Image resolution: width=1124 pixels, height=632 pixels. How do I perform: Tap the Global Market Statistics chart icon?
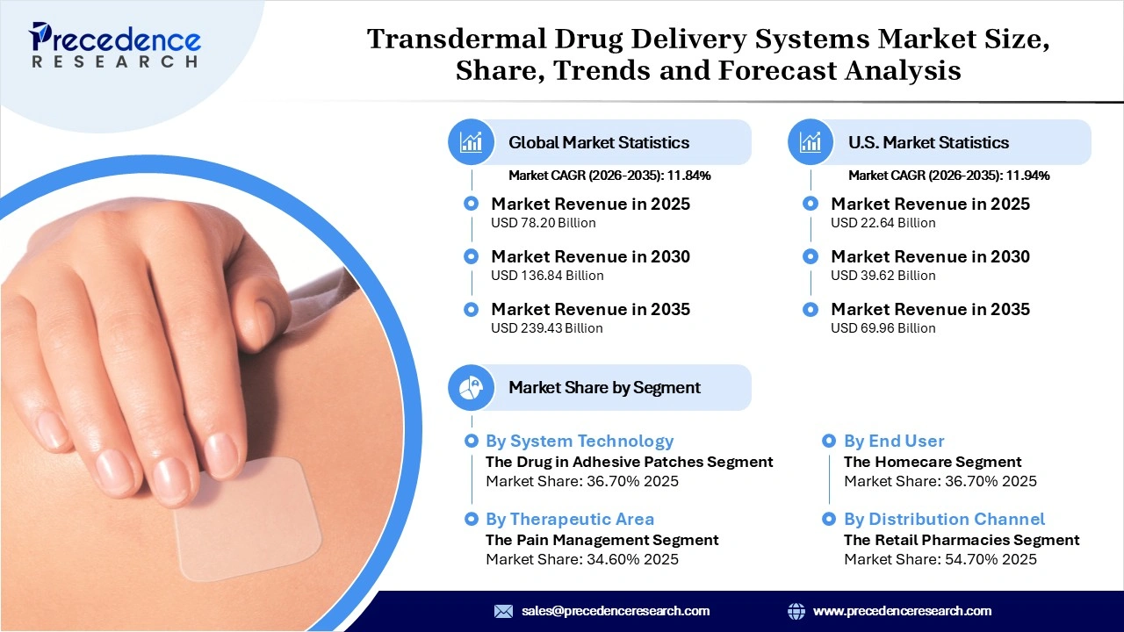[472, 142]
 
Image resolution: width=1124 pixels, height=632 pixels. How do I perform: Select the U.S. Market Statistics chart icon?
[811, 142]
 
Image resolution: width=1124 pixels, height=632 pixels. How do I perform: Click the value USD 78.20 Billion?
[543, 223]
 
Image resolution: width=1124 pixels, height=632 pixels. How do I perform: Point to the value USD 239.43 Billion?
[546, 328]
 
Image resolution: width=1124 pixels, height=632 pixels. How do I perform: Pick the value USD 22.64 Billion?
[883, 223]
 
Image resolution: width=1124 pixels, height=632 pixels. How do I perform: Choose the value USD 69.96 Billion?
[883, 328]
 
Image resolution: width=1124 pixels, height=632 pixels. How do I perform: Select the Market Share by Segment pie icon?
[472, 387]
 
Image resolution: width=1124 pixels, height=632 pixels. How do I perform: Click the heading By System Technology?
[579, 441]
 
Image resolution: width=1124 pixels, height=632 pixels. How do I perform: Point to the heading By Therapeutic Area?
[569, 519]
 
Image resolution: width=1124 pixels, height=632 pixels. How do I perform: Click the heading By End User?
[894, 441]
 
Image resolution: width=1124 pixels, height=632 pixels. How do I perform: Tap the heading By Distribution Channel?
[944, 519]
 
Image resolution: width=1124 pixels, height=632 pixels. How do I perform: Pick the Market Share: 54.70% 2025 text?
[940, 559]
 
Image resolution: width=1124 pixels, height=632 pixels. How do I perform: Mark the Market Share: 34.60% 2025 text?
[581, 559]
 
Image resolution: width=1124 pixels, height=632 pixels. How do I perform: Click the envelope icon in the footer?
[503, 611]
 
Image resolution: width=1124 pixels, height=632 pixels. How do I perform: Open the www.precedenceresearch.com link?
[902, 611]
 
